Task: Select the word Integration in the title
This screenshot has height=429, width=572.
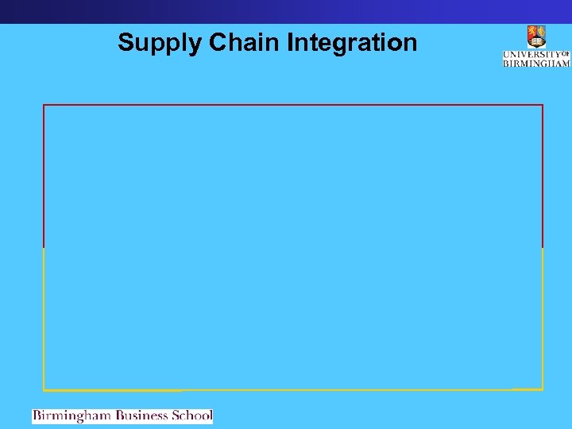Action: click(351, 43)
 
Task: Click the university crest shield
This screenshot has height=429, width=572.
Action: click(536, 37)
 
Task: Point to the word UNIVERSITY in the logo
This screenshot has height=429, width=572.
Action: click(531, 55)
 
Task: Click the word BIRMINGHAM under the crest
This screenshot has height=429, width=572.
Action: click(536, 63)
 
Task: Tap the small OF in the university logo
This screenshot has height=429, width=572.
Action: click(566, 54)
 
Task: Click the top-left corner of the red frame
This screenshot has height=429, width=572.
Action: click(44, 105)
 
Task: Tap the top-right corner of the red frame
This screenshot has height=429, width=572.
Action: click(543, 105)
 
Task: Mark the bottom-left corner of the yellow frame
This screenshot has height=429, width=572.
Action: click(44, 390)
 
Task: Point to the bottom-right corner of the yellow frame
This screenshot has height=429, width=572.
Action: click(543, 389)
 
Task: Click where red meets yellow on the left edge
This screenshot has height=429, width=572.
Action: click(44, 248)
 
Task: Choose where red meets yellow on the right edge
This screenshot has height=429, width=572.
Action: click(543, 248)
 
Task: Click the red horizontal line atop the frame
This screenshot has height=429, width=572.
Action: click(293, 105)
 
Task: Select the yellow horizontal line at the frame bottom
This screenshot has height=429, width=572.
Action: click(293, 390)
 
